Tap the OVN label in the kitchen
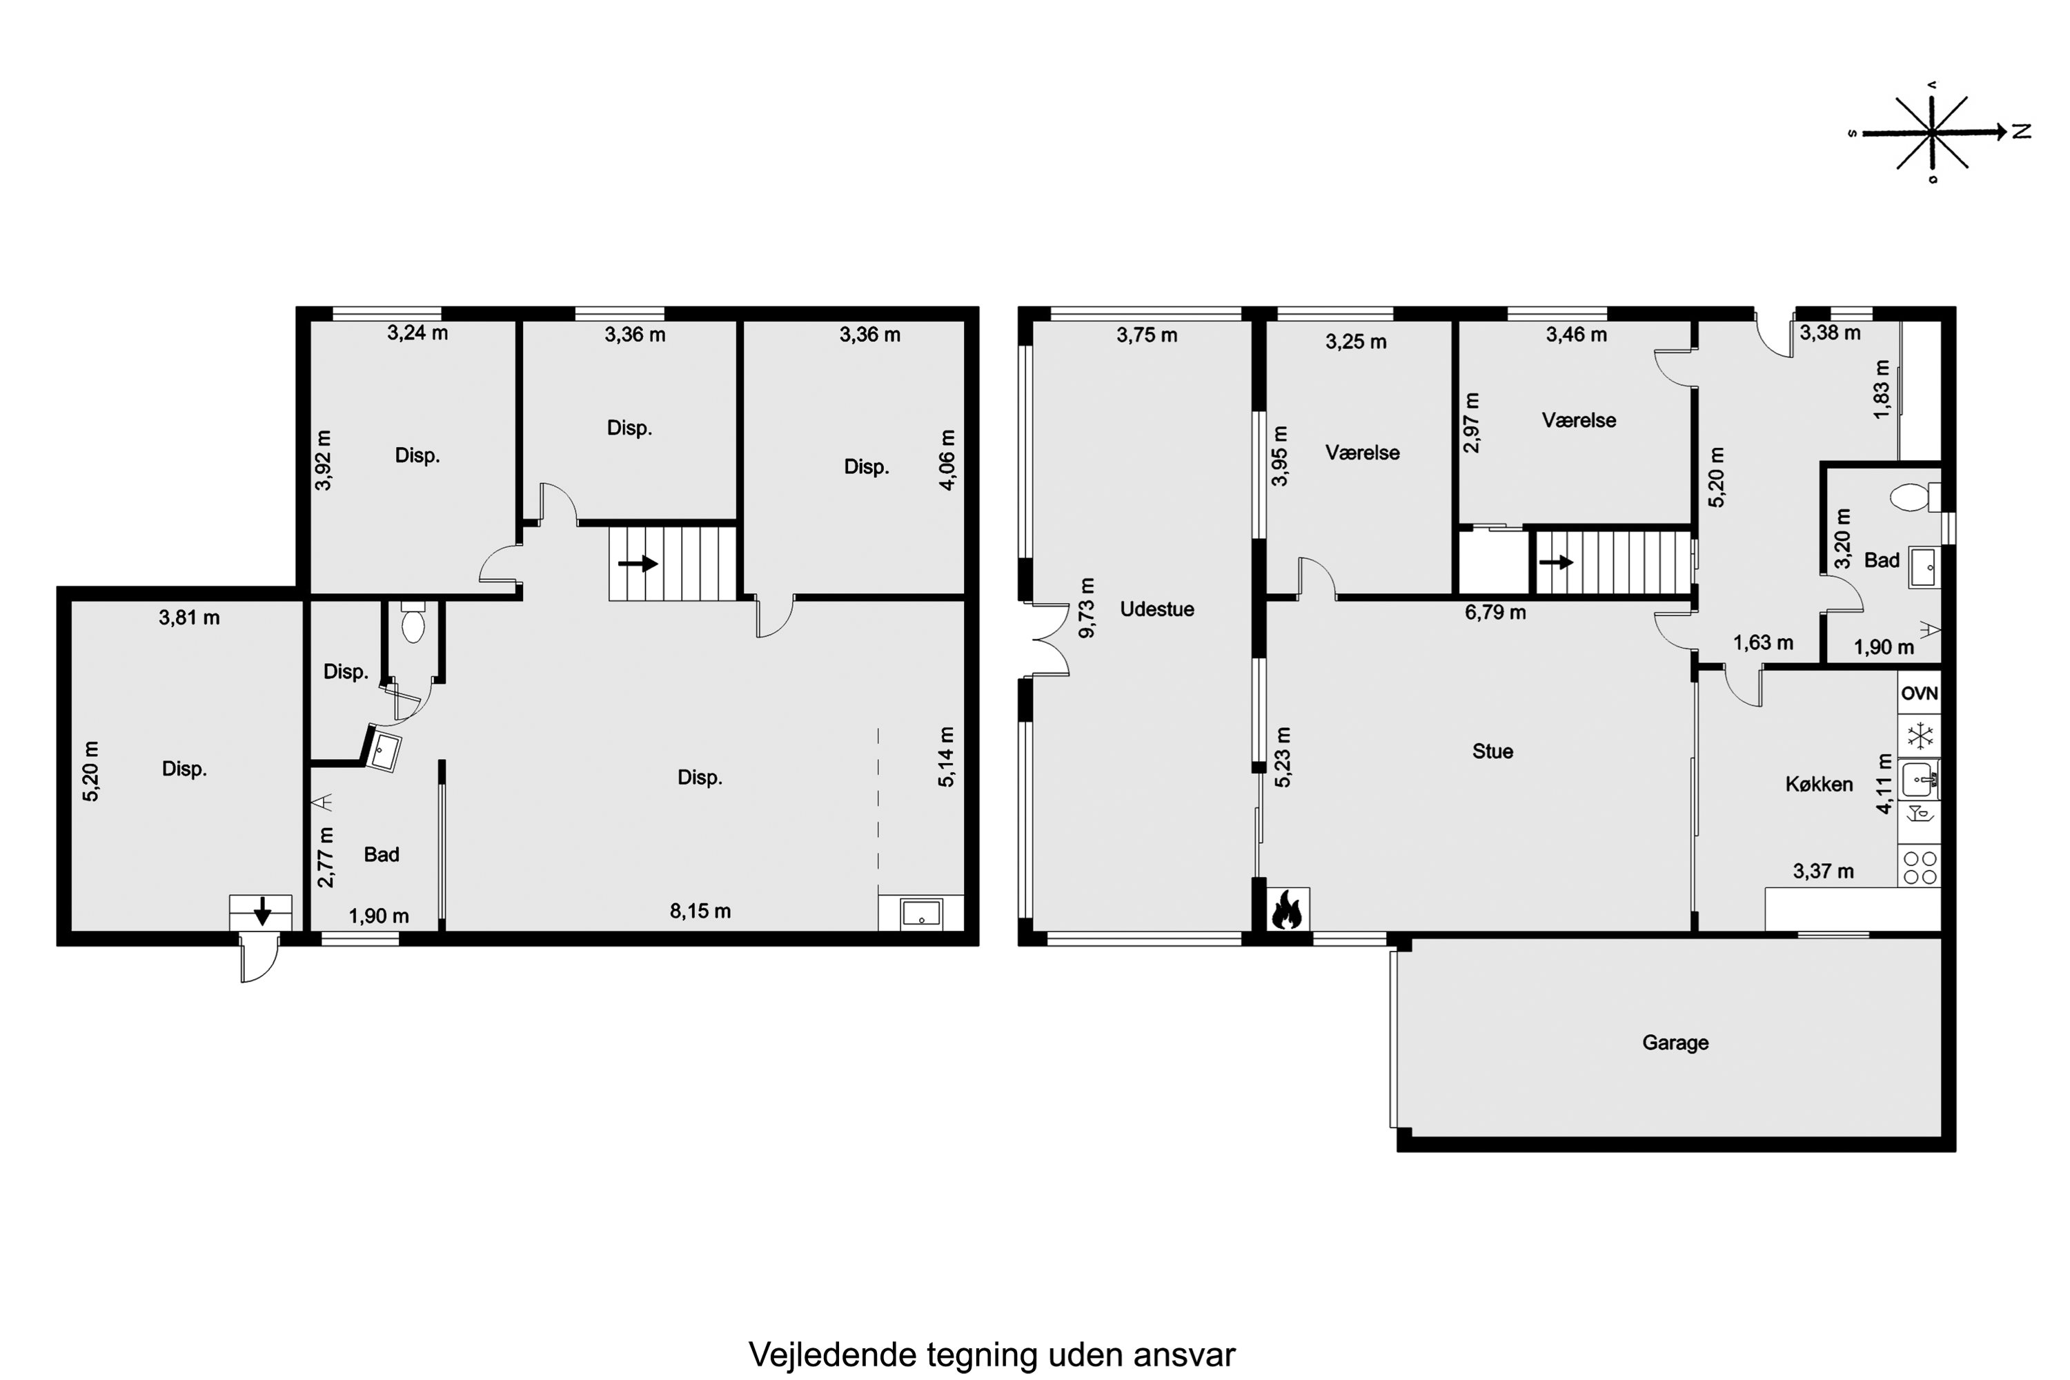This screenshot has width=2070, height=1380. tap(1919, 693)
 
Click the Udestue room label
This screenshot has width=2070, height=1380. tap(1156, 609)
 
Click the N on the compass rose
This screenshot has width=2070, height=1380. tap(2022, 131)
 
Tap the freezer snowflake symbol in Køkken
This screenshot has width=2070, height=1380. tap(1919, 736)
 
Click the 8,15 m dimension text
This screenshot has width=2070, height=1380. tap(700, 911)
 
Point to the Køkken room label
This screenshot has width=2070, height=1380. tap(1819, 784)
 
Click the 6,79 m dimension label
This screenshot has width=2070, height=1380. tap(1495, 611)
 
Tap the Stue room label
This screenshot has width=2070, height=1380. tap(1492, 751)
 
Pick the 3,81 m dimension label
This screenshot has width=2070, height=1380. tap(189, 618)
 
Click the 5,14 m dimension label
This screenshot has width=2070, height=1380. tap(946, 757)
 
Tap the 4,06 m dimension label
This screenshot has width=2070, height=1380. tap(947, 460)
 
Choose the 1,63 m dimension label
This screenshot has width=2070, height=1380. tap(1763, 643)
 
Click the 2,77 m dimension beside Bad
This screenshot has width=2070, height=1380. tap(326, 857)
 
